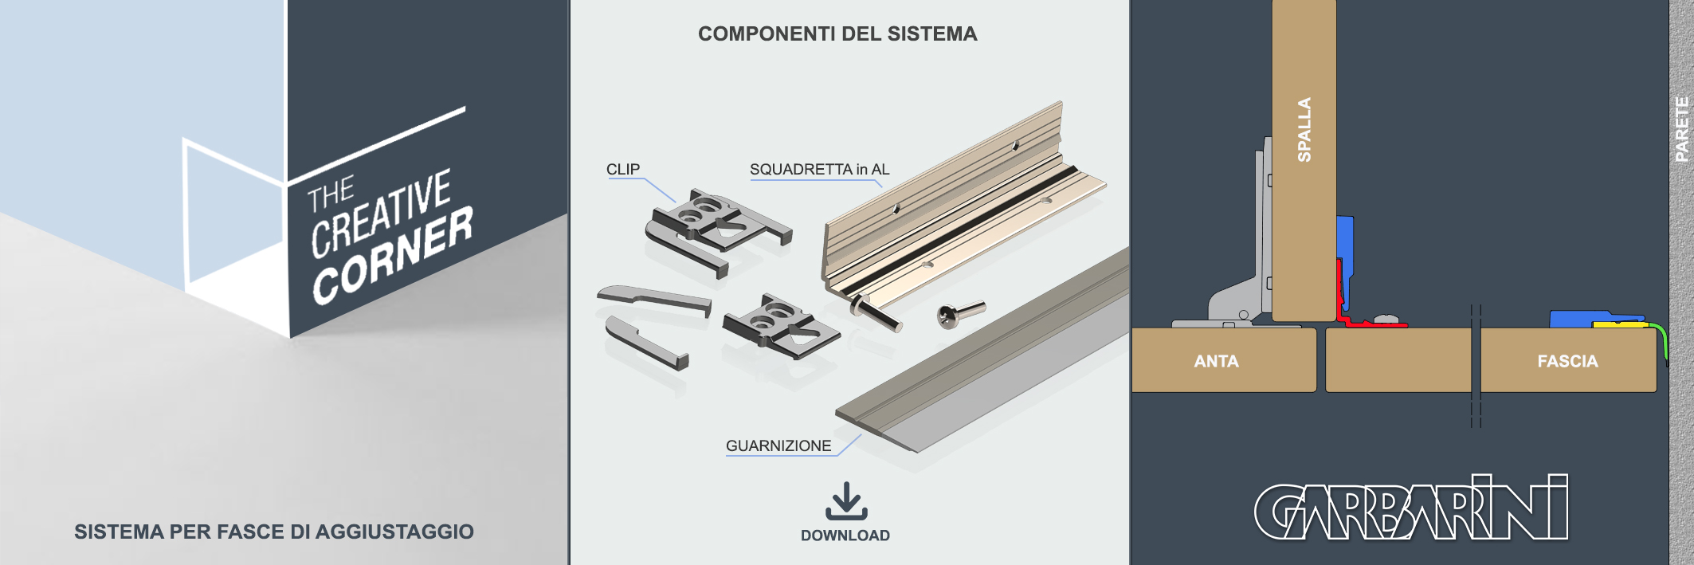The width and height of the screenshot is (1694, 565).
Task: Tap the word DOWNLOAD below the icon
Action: pos(845,536)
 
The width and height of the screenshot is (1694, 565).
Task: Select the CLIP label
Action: pos(623,169)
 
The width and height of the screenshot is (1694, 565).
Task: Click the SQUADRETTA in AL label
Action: pos(819,169)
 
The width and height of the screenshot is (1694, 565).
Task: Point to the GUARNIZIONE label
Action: pos(778,445)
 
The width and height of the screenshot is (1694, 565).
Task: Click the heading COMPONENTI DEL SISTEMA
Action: pos(837,33)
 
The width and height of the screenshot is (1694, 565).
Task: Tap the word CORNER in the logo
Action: pos(392,256)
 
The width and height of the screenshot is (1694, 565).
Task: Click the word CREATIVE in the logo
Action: pos(381,213)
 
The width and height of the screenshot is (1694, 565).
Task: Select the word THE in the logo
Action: pos(331,194)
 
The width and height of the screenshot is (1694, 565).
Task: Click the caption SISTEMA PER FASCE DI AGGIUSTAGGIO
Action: pos(274,532)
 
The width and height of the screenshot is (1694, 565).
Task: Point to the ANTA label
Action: pos(1216,361)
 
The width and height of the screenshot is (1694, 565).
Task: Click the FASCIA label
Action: pos(1567,361)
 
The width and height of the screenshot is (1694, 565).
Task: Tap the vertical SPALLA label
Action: pos(1304,130)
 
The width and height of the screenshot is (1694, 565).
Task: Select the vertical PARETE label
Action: pos(1681,129)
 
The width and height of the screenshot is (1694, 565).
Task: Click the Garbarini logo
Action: pos(1411,508)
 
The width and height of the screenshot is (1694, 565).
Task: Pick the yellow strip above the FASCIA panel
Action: pos(1620,324)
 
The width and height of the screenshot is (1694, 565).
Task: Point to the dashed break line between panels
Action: pos(1476,366)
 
